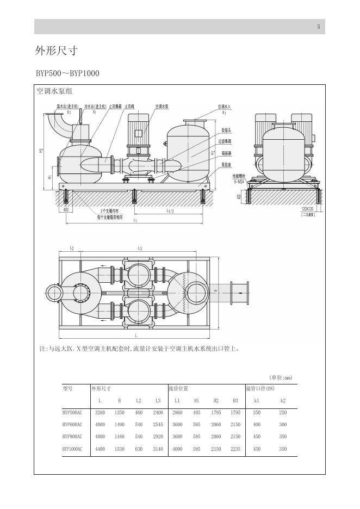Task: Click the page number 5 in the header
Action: (x=319, y=27)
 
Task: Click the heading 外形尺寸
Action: (x=57, y=51)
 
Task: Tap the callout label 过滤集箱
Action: (x=228, y=140)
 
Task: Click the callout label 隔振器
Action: (x=227, y=153)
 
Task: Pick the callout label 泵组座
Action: (x=227, y=164)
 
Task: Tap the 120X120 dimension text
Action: (x=308, y=209)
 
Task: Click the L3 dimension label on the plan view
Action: (x=140, y=248)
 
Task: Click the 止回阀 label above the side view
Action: (x=129, y=107)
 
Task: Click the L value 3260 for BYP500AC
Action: (x=100, y=413)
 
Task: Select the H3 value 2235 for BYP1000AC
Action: (x=235, y=449)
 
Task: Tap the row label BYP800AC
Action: (x=72, y=437)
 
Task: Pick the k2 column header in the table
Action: (x=282, y=401)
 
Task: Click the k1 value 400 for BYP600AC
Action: (x=257, y=425)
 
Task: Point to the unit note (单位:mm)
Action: (x=281, y=377)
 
